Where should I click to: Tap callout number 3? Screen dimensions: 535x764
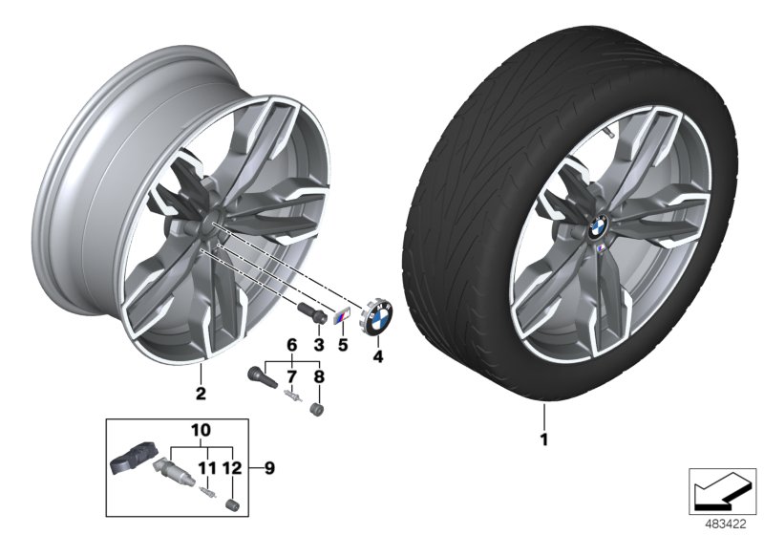point(319,342)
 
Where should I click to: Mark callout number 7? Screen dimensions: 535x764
point(292,376)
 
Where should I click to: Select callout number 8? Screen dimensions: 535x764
point(319,376)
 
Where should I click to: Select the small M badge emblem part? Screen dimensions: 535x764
point(342,317)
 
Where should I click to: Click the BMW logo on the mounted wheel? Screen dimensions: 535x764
point(598,227)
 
